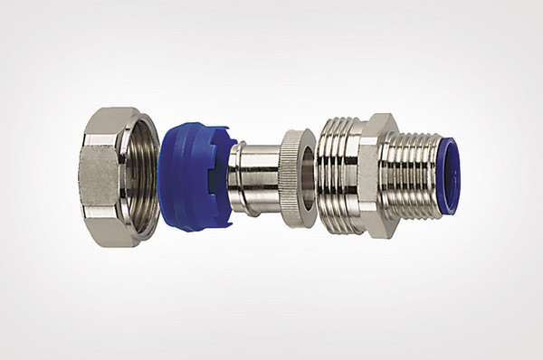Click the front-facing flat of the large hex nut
(100, 175)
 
